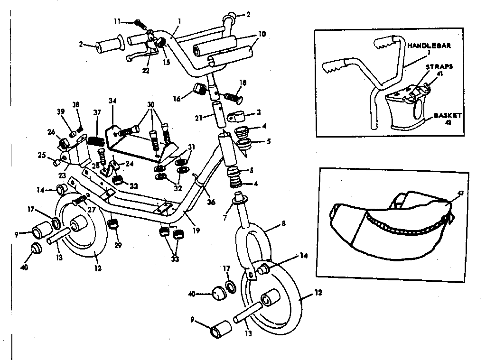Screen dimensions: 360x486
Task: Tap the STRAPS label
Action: (x=439, y=67)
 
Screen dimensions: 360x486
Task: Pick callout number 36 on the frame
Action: (x=211, y=202)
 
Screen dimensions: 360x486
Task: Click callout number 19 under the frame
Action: (x=196, y=231)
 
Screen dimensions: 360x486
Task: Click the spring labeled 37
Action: (x=96, y=141)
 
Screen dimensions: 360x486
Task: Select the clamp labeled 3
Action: (x=236, y=116)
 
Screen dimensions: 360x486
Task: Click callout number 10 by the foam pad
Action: (x=262, y=34)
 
